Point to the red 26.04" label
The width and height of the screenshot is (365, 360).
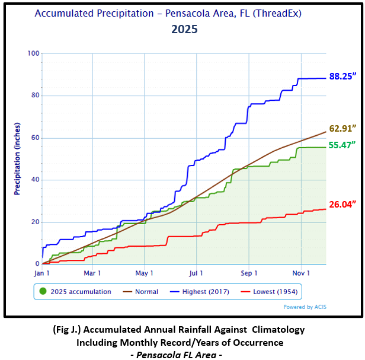click(342, 205)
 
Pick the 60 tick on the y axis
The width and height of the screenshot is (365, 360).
click(35, 138)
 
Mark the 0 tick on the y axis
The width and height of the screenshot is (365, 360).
click(37, 264)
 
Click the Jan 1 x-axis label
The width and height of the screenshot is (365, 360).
click(43, 273)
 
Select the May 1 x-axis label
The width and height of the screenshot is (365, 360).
click(144, 273)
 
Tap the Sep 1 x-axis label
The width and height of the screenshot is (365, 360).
click(249, 273)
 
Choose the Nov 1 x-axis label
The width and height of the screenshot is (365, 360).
click(302, 273)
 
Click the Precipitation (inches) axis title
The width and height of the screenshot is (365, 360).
click(17, 159)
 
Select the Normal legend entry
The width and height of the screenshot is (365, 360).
click(142, 292)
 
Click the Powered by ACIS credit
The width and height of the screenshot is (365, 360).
click(304, 307)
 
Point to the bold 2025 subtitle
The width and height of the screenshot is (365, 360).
click(184, 28)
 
